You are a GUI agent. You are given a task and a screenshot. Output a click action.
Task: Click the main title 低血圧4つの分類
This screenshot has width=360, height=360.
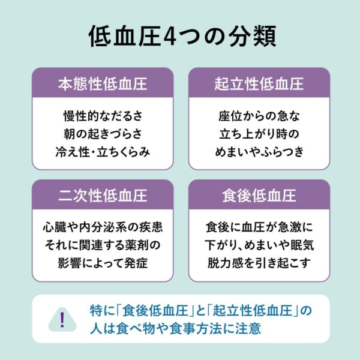click(x=182, y=36)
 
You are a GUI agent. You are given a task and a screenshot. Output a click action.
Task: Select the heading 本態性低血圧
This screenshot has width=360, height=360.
click(x=103, y=83)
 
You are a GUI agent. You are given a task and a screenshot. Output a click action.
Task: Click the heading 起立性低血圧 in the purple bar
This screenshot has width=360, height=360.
click(x=259, y=83)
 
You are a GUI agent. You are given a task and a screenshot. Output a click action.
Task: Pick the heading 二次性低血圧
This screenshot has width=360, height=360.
click(x=103, y=196)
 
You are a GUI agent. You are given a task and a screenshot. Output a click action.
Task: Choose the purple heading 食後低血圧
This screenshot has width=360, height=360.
click(x=259, y=196)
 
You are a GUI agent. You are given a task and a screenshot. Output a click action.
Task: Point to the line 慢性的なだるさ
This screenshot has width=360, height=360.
click(x=103, y=116)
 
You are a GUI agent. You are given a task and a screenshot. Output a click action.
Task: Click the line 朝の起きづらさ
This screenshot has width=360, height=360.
click(x=103, y=134)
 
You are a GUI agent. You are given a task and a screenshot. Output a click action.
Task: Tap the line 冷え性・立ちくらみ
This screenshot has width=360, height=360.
click(x=103, y=152)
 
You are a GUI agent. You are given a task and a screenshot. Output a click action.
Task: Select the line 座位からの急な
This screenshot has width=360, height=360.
click(x=259, y=116)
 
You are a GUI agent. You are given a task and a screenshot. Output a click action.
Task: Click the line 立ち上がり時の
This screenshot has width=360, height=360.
click(x=259, y=134)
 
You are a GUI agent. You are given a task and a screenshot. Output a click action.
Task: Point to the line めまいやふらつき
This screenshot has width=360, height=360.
click(x=259, y=152)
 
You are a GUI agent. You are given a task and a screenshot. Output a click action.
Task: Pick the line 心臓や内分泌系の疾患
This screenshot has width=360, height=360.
click(x=103, y=227)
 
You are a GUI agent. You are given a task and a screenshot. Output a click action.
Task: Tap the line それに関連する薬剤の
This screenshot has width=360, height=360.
click(x=103, y=245)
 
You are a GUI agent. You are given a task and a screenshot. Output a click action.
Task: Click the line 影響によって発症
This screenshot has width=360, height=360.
click(x=103, y=263)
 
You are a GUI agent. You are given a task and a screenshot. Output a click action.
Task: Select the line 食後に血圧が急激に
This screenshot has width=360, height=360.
click(x=259, y=227)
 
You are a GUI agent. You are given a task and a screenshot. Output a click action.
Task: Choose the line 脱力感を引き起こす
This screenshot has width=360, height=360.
click(x=259, y=263)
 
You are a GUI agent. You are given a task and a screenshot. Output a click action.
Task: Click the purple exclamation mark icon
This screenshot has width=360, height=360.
click(x=62, y=320)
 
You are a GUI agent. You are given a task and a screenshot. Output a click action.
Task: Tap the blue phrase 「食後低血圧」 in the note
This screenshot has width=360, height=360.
click(x=156, y=311)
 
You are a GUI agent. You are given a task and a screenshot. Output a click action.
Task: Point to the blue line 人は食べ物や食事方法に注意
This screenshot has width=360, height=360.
click(x=175, y=328)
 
